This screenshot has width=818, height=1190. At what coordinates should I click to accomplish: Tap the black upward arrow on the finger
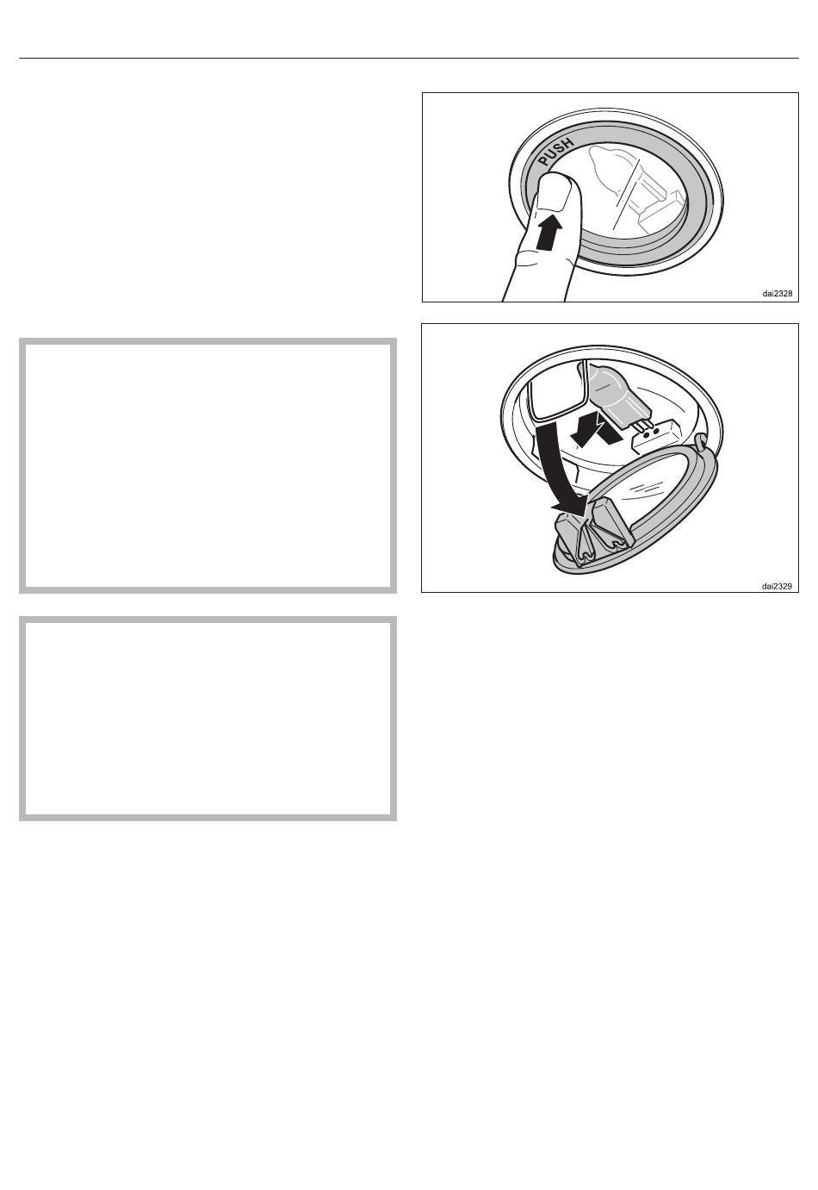coord(548,231)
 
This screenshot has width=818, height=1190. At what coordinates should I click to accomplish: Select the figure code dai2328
coord(778,294)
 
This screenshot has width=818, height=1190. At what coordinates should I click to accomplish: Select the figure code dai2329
coord(777,587)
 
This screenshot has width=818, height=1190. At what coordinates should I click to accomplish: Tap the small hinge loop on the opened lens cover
coord(703,439)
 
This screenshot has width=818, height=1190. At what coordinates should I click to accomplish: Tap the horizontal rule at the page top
coord(409,58)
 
